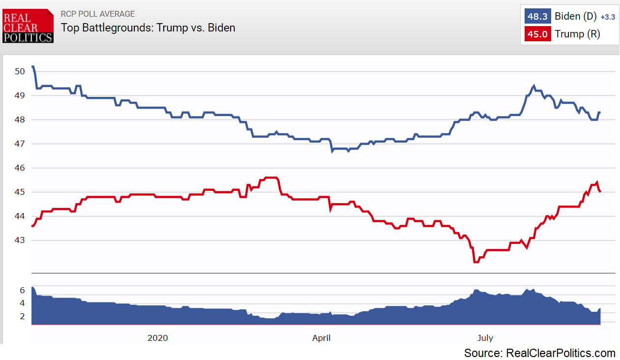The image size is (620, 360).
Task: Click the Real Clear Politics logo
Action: coord(28,26)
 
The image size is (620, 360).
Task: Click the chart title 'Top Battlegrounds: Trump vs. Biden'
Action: coord(148,28)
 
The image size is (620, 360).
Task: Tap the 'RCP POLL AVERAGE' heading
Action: coord(97,14)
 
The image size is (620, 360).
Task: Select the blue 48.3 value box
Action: coord(537,16)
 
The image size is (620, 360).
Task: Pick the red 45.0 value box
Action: coord(537,34)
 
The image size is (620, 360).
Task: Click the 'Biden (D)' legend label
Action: coord(575,16)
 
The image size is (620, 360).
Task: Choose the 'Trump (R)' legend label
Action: coord(577,34)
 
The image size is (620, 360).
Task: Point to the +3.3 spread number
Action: coord(608,17)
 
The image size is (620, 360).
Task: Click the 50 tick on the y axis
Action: coord(20,71)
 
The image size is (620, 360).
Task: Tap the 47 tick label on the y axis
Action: coord(20,144)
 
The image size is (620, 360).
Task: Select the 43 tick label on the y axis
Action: coord(20,240)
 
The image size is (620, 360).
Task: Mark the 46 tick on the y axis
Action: coord(20,168)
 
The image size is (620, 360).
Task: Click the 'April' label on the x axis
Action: coord(321,338)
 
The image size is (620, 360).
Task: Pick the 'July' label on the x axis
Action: coord(485,338)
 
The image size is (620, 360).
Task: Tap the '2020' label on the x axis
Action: coord(157,338)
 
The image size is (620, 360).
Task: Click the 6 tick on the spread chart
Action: coord(22,290)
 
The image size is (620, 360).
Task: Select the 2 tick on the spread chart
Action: coord(22,317)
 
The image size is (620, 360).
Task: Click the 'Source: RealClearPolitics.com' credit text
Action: coord(539,353)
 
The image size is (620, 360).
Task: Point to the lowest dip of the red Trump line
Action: coord(475,262)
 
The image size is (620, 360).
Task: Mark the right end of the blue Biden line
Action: coord(600,113)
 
